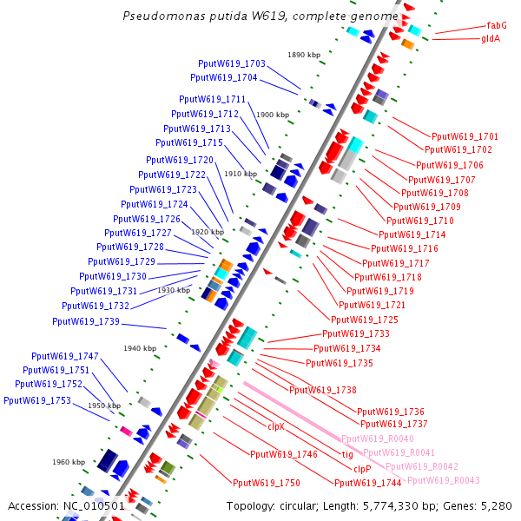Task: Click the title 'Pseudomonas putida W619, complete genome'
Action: point(261,16)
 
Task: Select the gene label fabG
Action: point(497,26)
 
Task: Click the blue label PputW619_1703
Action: point(232,64)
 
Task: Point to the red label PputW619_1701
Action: point(465,136)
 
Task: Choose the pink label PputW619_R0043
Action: point(443,480)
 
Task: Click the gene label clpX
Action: point(276,426)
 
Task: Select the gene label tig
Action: point(346,454)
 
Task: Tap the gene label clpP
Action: point(363,469)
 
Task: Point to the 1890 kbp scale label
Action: point(305,56)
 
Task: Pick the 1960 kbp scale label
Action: point(69,462)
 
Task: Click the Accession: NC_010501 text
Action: point(67,505)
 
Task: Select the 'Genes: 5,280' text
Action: point(483,505)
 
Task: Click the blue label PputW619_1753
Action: point(37,400)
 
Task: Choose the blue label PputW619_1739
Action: point(86,321)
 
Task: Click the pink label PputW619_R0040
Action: point(377,439)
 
